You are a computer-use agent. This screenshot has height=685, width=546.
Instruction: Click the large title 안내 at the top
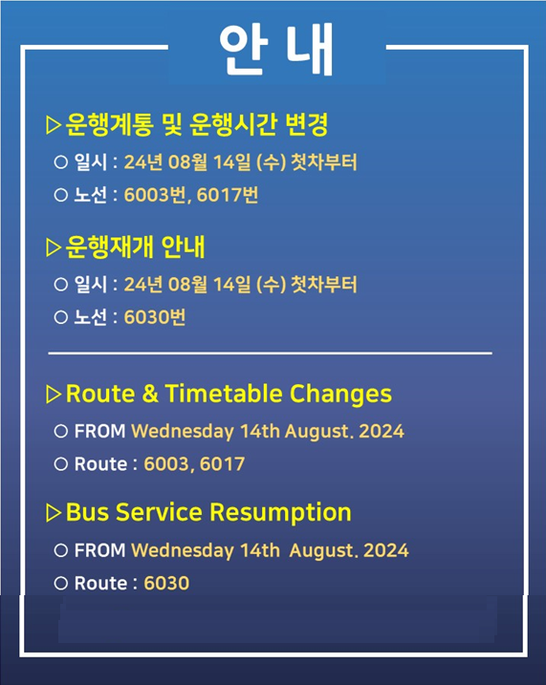(x=276, y=49)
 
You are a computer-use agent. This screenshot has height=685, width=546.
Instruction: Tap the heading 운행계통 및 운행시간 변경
(x=197, y=124)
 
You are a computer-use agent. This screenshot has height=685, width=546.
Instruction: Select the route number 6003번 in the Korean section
(x=155, y=195)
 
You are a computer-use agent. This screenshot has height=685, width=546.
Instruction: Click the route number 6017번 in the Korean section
(x=228, y=195)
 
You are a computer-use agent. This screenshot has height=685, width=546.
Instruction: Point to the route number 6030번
(x=155, y=317)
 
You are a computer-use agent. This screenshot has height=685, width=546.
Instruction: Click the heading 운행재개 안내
(x=135, y=247)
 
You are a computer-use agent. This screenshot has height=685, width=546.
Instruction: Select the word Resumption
(x=280, y=512)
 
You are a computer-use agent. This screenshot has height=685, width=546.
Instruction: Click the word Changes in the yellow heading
(x=340, y=395)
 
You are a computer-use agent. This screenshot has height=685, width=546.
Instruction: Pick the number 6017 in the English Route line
(x=222, y=463)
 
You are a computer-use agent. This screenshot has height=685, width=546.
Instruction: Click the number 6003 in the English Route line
(x=166, y=463)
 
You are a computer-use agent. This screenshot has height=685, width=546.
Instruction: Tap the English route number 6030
(x=166, y=583)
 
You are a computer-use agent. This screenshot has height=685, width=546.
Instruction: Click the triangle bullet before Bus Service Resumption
(x=54, y=513)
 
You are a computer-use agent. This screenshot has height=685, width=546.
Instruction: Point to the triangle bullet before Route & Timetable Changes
(x=54, y=394)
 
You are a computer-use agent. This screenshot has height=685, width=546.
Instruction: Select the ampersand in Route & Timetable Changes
(x=150, y=394)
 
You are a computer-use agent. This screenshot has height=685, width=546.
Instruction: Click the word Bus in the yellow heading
(x=87, y=512)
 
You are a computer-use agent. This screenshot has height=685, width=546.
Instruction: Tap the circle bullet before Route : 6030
(x=61, y=583)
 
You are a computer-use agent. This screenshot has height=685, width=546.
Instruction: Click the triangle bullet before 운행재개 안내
(x=54, y=247)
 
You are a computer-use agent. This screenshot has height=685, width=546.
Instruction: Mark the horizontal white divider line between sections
(x=271, y=353)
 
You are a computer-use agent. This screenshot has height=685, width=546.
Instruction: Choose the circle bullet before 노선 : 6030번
(x=61, y=317)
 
